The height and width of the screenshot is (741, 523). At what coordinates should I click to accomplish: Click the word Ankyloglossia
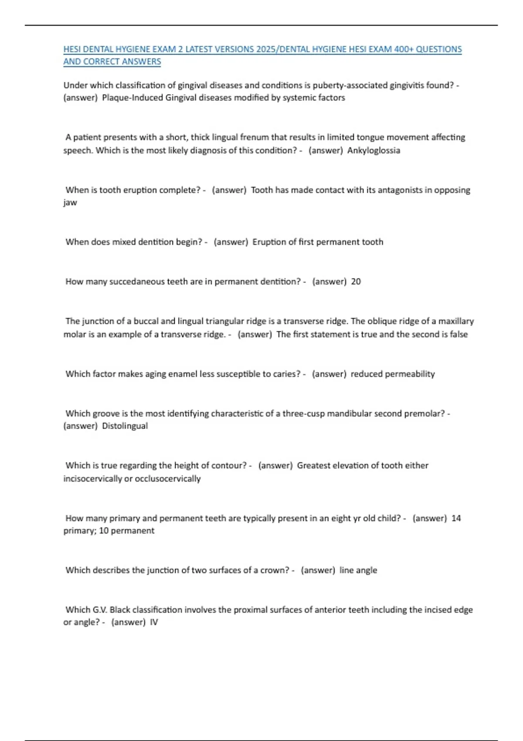374,150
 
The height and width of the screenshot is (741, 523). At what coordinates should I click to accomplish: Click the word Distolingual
125,426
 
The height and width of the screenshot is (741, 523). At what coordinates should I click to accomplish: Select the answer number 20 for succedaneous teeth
356,282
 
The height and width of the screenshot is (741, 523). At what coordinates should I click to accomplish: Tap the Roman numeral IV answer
154,622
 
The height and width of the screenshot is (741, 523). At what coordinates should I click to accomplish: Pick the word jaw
70,203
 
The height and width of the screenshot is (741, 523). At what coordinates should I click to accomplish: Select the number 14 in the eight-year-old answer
456,518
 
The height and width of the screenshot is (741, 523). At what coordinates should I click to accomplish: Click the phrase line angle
358,570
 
